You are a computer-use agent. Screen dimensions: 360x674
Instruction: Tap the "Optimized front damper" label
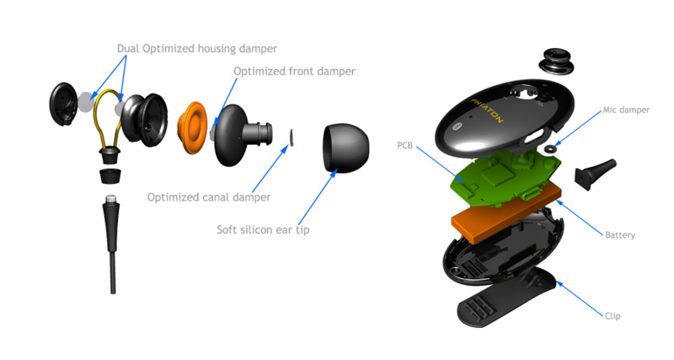click(295, 72)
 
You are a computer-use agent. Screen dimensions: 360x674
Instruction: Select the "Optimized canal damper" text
click(209, 197)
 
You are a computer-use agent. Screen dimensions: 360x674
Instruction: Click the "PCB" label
click(404, 145)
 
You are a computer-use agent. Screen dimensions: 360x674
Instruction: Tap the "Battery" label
click(619, 234)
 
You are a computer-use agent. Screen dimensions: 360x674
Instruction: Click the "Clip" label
click(612, 316)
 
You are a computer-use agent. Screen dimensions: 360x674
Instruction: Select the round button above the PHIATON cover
click(555, 59)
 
